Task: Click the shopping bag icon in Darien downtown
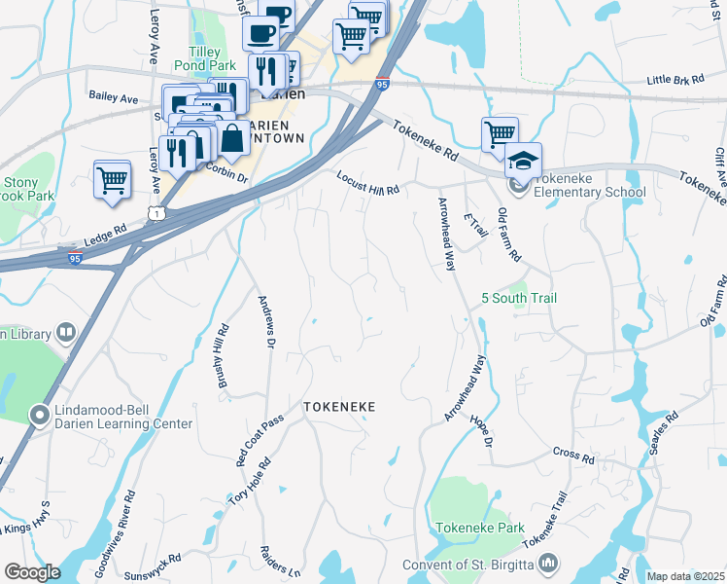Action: click(x=232, y=139)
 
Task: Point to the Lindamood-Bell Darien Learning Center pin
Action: click(x=40, y=417)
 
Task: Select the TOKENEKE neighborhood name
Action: click(x=339, y=406)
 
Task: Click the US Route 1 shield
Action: click(x=154, y=212)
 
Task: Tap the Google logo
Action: click(x=32, y=572)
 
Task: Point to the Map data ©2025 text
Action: click(x=685, y=576)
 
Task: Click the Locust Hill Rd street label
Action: click(x=368, y=184)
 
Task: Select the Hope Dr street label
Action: click(x=482, y=428)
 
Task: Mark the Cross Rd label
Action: click(x=573, y=456)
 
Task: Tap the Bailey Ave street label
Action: click(x=114, y=97)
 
